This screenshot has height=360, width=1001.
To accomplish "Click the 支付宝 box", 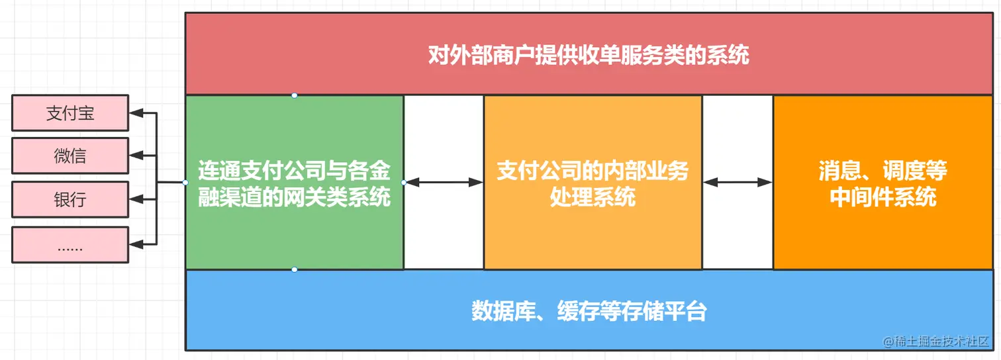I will click(70, 113).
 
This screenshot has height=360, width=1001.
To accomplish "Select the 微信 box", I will click(70, 156).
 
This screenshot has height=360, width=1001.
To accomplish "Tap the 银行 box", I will click(70, 200).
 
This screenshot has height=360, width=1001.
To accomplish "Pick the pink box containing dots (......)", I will click(70, 244).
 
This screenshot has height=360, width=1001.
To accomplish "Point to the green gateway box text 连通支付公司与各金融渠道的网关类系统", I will click(295, 183).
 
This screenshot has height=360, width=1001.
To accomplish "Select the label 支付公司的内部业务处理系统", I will click(593, 183).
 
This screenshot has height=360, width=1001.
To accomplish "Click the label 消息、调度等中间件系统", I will click(882, 183).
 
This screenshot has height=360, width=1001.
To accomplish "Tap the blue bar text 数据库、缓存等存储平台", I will click(589, 310).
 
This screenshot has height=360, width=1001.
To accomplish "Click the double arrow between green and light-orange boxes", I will click(444, 182).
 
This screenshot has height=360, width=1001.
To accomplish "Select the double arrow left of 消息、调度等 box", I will click(738, 182).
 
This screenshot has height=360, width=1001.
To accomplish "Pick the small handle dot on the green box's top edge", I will click(295, 95).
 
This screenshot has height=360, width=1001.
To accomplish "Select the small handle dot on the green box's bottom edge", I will click(295, 269).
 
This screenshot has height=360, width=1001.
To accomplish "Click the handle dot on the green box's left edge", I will click(185, 182).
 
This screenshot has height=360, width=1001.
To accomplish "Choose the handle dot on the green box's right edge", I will click(404, 182).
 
